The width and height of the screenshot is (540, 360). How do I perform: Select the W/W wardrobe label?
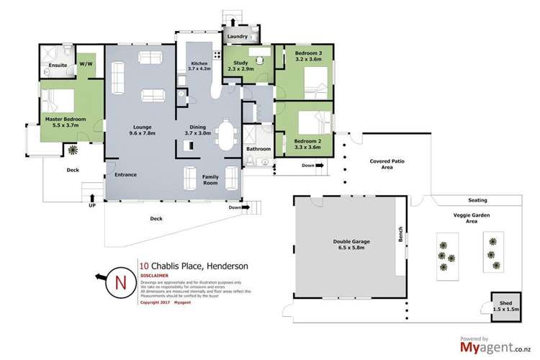[86, 64]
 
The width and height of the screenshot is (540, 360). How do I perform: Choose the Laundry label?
[238, 36]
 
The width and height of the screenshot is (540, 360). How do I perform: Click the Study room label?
[240, 65]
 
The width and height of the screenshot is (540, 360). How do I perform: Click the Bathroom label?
[258, 149]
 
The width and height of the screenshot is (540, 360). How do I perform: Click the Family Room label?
[210, 179]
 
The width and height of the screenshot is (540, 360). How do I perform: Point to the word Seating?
[477, 200]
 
